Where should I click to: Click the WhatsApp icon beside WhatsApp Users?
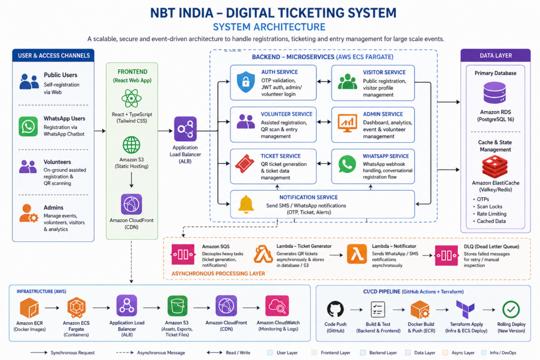(28, 126)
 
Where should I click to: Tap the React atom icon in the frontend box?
(131, 99)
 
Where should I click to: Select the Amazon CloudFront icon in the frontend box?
(131, 204)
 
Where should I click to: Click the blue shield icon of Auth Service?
(245, 81)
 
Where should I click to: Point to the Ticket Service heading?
(281, 156)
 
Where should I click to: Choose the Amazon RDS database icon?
(495, 94)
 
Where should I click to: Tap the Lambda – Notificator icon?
(356, 255)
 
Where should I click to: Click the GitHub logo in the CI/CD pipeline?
(335, 309)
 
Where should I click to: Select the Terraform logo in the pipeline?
(466, 309)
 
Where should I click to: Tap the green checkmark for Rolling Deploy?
(511, 309)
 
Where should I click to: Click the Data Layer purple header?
(494, 55)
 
